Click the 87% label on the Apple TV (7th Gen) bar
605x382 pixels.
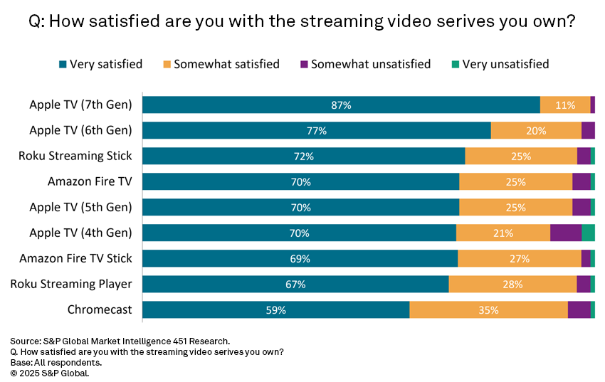tap(341, 105)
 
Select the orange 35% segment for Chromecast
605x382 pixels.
tap(488, 310)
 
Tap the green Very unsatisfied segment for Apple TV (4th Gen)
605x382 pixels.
tap(588, 233)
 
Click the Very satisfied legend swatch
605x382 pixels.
tap(63, 65)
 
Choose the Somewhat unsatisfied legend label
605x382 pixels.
tap(371, 64)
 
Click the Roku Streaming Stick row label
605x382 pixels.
tap(75, 156)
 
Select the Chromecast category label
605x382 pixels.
tap(100, 309)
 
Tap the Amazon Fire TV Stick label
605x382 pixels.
tap(75, 258)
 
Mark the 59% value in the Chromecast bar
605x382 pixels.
tap(275, 310)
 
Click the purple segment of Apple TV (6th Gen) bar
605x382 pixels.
tap(588, 130)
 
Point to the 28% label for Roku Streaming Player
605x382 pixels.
tap(512, 285)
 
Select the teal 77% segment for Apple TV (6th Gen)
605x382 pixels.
tap(317, 130)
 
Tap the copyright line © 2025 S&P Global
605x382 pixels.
tap(50, 372)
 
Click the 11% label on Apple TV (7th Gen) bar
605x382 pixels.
tap(565, 105)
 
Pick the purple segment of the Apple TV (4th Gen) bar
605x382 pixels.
tap(566, 233)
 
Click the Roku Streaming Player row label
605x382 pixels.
tap(71, 284)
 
